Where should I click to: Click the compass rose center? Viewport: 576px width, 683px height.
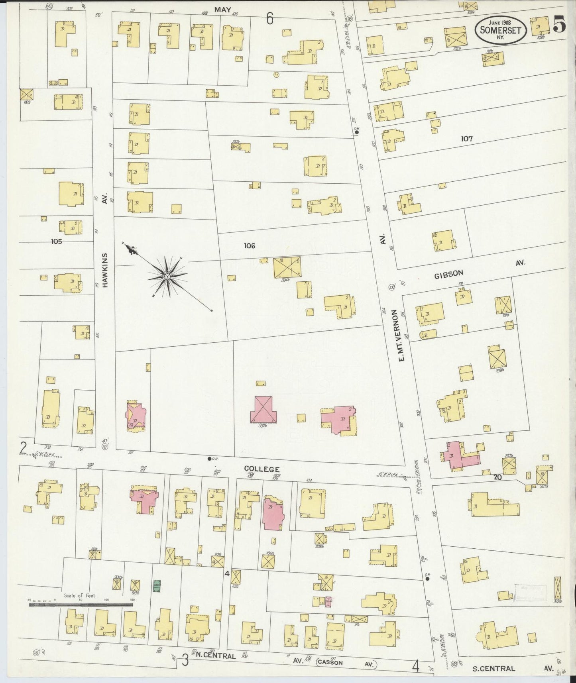tap(167, 277)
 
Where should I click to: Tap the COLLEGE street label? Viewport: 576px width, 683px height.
tap(261, 469)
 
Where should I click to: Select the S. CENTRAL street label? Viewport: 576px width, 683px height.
tap(493, 668)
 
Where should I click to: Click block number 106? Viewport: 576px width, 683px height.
tap(250, 246)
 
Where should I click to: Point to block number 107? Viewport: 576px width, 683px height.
tap(466, 139)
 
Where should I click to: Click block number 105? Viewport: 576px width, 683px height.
tap(57, 241)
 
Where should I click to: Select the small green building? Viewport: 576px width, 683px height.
tap(157, 585)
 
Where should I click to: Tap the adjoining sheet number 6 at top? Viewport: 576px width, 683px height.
tap(270, 19)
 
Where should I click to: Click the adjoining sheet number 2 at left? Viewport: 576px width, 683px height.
tap(24, 448)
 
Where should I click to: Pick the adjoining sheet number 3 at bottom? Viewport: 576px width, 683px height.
tap(185, 660)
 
